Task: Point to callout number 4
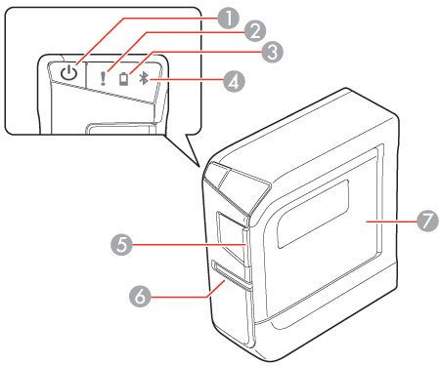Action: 234,81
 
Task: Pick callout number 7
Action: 424,223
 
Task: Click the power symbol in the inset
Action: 67,73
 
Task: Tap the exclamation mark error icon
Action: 102,76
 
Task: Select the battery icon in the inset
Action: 123,77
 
